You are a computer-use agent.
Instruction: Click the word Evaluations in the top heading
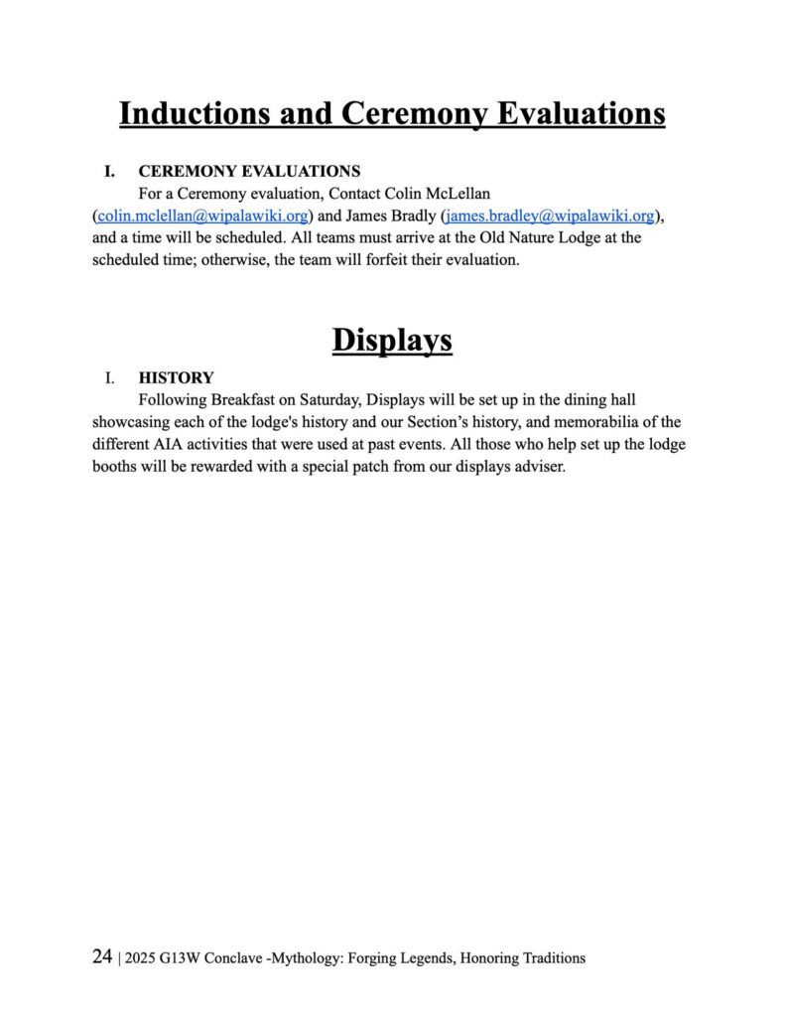point(580,114)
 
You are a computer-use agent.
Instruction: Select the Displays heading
point(392,340)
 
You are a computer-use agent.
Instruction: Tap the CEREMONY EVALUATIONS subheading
point(249,171)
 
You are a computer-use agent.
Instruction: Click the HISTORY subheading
point(176,377)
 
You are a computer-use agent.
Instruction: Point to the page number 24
point(101,957)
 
